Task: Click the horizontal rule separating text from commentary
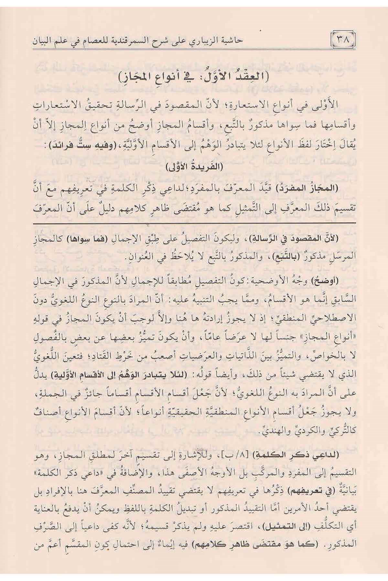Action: point(194,223)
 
